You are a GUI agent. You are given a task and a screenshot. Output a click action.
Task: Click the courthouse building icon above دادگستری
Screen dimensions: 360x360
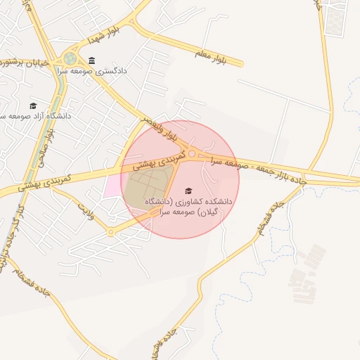pyautogui.click(x=93, y=60)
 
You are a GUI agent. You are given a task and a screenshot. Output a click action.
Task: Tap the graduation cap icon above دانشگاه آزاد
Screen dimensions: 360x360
pyautogui.click(x=33, y=105)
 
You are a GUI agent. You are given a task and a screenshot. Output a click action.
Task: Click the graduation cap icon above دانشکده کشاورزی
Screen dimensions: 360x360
pyautogui.click(x=188, y=191)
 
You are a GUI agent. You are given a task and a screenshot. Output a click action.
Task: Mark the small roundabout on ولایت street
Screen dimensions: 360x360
pyautogui.click(x=110, y=232)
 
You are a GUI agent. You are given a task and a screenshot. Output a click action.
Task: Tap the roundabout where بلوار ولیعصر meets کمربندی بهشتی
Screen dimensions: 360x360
pyautogui.click(x=192, y=153)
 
